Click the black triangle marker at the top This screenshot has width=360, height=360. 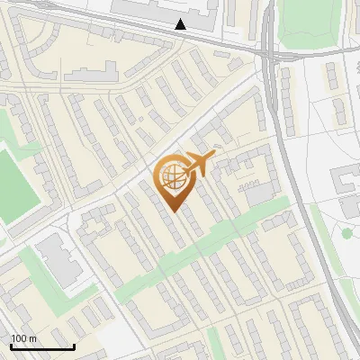pos(181,24)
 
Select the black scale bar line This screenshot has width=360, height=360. pos(42,347)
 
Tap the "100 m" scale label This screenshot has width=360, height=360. pos(24,338)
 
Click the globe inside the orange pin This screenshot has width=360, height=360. pos(173,177)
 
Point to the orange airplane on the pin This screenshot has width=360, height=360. pos(197,165)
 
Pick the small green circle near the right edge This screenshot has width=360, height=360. pos(346,234)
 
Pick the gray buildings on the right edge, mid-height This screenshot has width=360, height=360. pos(346,184)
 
